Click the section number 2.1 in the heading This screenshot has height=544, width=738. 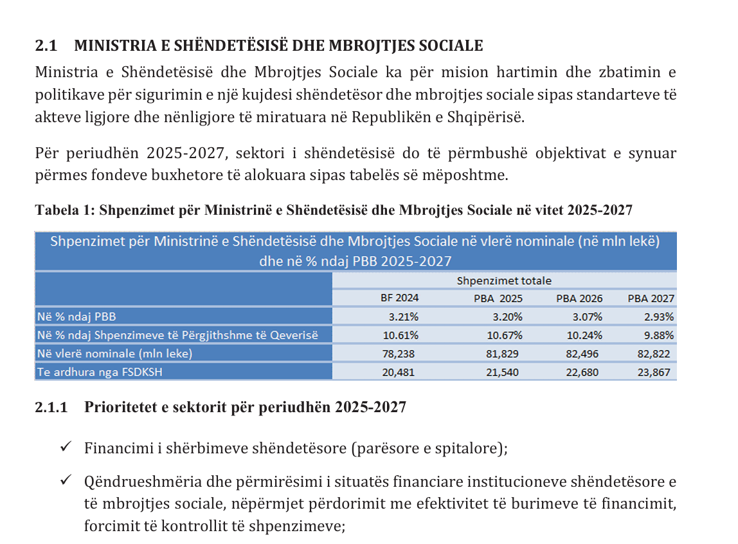[x=46, y=46]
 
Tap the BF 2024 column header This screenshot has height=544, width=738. [x=400, y=298]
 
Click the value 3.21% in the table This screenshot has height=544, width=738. [x=404, y=316]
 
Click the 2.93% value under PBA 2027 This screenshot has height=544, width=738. [x=660, y=316]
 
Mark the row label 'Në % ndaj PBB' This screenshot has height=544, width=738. [x=76, y=316]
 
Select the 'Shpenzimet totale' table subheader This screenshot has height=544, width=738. [x=503, y=281]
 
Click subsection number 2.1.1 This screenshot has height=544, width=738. [x=51, y=408]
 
